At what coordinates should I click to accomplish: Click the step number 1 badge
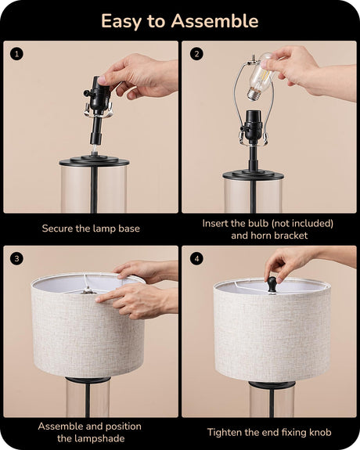tap(16, 54)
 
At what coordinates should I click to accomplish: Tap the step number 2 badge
tap(196, 54)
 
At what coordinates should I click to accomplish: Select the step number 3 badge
tap(16, 258)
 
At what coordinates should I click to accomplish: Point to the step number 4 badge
tap(196, 258)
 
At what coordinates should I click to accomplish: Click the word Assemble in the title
tap(214, 21)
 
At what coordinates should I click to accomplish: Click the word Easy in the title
tap(121, 22)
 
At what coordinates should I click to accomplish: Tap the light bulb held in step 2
tap(259, 77)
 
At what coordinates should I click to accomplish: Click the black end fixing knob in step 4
tap(272, 285)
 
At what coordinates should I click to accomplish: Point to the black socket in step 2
tap(254, 126)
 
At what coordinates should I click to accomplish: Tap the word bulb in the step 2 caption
tap(258, 223)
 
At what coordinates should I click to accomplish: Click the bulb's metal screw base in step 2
tap(254, 94)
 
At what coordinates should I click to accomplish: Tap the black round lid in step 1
tap(94, 160)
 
